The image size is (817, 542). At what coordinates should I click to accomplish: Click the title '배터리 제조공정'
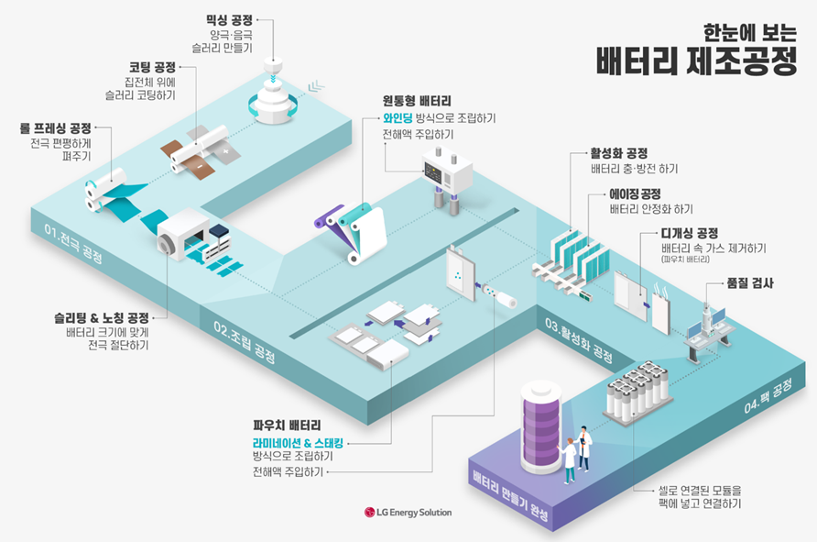pyautogui.click(x=695, y=61)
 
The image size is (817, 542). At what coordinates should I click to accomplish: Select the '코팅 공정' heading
pyautogui.click(x=151, y=68)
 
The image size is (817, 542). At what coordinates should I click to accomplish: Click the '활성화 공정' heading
pyautogui.click(x=620, y=153)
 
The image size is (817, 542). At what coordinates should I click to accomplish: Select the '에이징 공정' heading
pyautogui.click(x=635, y=194)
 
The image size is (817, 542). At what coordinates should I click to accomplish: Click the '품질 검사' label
pyautogui.click(x=749, y=283)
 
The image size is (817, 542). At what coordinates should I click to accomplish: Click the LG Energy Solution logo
pyautogui.click(x=408, y=511)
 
